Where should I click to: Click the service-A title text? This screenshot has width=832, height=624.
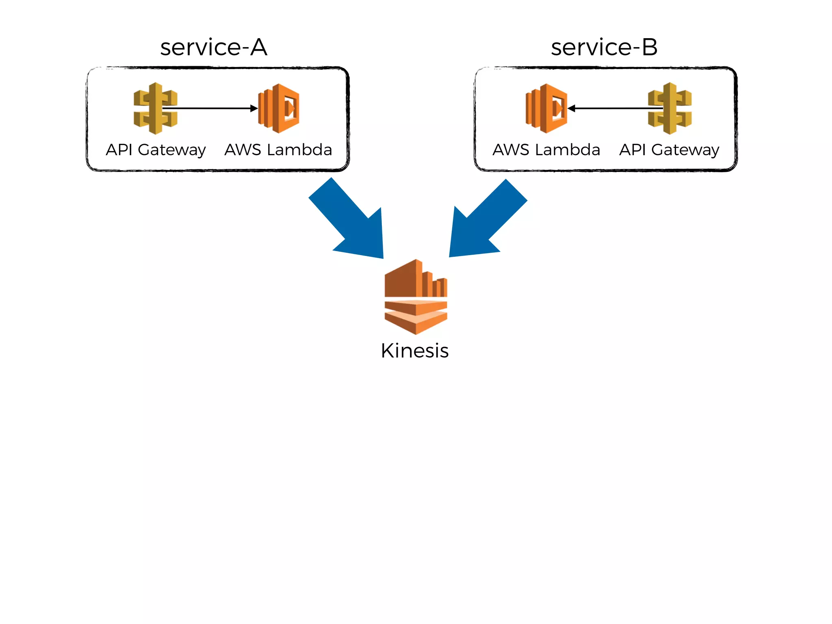[x=214, y=48]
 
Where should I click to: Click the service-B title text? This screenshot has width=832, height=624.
[x=604, y=48]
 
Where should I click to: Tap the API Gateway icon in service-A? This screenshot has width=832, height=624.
[x=155, y=108]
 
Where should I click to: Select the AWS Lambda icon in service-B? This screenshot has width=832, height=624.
[x=546, y=108]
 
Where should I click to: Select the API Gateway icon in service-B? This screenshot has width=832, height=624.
[x=670, y=108]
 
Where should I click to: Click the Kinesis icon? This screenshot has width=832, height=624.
[x=416, y=297]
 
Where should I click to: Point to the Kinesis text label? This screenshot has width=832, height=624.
[x=415, y=351]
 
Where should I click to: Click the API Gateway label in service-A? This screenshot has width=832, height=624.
[x=156, y=150]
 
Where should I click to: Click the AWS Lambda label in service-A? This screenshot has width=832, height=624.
[x=278, y=150]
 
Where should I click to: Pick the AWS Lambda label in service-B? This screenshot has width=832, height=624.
[x=546, y=150]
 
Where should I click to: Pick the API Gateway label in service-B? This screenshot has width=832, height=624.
[x=669, y=150]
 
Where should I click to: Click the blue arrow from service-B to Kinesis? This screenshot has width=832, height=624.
[x=485, y=221]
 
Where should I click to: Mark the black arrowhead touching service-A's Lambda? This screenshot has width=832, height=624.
[x=254, y=108]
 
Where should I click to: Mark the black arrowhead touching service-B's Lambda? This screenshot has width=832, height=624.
[x=572, y=108]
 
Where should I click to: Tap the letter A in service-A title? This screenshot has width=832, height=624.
[x=258, y=48]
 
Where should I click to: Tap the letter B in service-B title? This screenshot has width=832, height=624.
[x=649, y=48]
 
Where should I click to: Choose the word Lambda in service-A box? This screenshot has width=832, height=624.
[x=299, y=150]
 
